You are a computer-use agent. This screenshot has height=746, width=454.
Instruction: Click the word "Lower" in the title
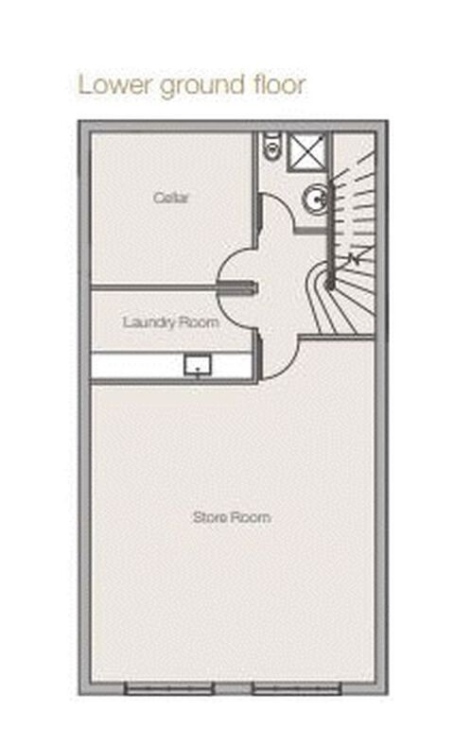(115, 85)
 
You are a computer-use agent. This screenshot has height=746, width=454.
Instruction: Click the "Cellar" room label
(171, 198)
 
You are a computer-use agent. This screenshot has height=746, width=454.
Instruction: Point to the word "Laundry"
(147, 323)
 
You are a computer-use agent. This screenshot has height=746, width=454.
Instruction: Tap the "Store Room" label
(232, 517)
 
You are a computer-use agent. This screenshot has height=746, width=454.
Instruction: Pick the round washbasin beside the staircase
(315, 199)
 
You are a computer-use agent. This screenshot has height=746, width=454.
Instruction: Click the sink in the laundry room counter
(198, 365)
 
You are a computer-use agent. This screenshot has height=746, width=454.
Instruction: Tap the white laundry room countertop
(171, 365)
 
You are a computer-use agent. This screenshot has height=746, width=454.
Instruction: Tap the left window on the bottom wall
(169, 688)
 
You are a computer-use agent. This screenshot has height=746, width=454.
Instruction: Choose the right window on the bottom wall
(296, 688)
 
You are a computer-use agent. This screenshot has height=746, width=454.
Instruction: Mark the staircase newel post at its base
(329, 285)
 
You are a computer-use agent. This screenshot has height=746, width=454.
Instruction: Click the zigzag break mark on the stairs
(354, 258)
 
